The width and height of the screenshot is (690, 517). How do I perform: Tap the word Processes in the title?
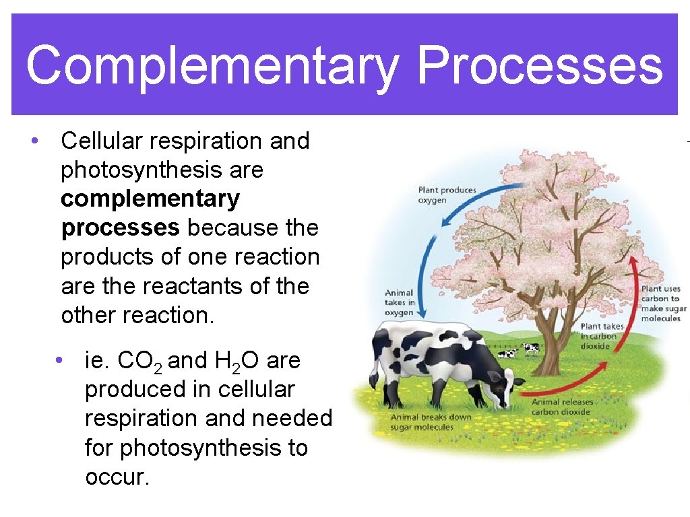(540, 65)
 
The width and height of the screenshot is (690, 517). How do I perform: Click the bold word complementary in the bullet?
(150, 199)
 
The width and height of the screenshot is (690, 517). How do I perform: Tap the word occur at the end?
(115, 477)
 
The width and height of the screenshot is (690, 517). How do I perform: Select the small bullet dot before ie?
(60, 361)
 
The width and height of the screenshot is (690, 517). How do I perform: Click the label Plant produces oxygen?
(447, 195)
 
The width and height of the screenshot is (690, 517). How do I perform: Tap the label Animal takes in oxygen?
(400, 303)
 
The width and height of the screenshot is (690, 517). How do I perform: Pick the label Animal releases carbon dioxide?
(563, 407)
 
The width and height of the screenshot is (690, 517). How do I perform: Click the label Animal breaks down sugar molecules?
(432, 421)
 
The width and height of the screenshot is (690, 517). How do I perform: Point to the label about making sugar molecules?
(660, 304)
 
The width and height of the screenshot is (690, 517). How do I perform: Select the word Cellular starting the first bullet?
(101, 141)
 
